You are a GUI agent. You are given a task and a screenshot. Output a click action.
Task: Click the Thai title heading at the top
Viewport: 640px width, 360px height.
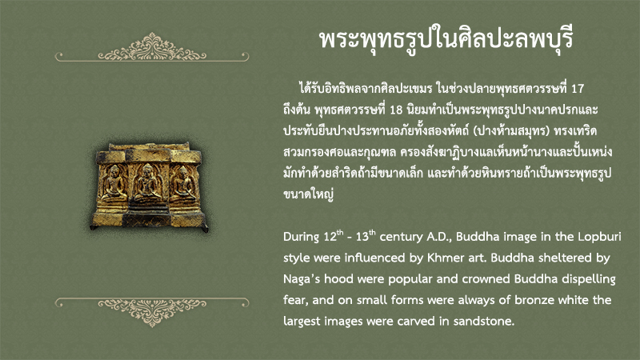pos(446,39)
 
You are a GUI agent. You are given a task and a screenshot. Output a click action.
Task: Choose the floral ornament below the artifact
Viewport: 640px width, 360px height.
pos(152,312)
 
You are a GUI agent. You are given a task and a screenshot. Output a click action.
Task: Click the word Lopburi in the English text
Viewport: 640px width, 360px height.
pos(599,237)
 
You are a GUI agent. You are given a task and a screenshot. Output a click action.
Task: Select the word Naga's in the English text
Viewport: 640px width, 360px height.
pos(302,279)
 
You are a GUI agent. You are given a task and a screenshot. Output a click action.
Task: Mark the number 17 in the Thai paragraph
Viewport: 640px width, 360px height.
pos(578,89)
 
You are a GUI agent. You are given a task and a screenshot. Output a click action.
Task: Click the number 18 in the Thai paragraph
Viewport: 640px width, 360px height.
pos(396,110)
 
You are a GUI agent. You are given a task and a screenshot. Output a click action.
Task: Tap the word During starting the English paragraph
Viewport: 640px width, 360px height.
pos(302,237)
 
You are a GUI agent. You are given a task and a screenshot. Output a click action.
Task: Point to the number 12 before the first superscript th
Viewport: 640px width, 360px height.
pos(330,237)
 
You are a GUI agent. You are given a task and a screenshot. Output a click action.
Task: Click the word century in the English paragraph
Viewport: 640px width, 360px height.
pos(401,238)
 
